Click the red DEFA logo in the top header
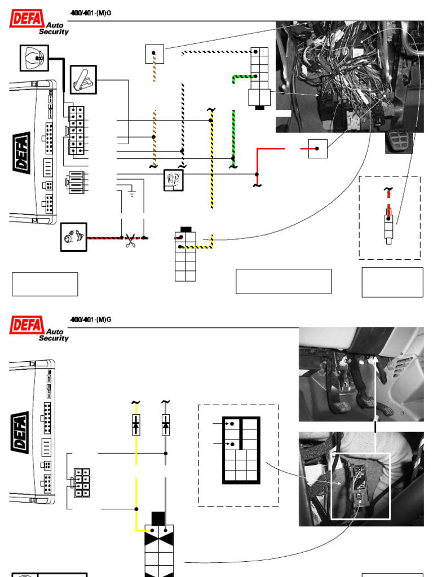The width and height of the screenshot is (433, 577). click(26, 21)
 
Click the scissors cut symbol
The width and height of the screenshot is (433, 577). click(131, 242)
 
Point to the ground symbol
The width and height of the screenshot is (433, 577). click(132, 194)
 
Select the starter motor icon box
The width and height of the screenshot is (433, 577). click(74, 238)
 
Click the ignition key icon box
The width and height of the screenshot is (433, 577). click(34, 57)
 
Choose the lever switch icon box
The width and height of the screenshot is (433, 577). click(83, 79)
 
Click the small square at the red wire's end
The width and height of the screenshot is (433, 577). click(318, 148)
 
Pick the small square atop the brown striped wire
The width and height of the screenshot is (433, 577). click(154, 54)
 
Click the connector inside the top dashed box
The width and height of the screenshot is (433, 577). click(388, 225)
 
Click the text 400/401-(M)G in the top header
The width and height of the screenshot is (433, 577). click(90, 13)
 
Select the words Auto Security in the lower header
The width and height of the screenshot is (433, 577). click(54, 335)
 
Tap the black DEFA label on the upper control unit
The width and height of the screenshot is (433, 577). click(21, 150)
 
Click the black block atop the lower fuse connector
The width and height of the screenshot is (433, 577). click(158, 518)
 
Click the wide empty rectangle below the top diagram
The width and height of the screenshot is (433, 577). click(283, 281)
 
